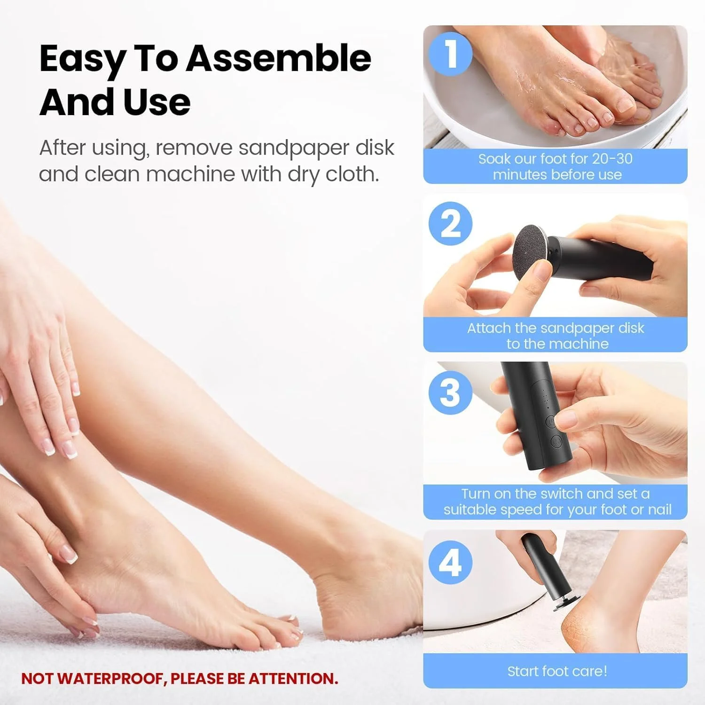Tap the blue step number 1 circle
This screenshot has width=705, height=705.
pyautogui.click(x=450, y=53)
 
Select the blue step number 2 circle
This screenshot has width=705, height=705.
pyautogui.click(x=450, y=223)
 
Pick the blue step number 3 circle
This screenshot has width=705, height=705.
pyautogui.click(x=450, y=392)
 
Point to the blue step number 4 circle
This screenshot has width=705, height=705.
pyautogui.click(x=450, y=562)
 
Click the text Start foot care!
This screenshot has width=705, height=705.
pyautogui.click(x=557, y=671)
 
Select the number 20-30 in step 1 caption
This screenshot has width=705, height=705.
pyautogui.click(x=612, y=159)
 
